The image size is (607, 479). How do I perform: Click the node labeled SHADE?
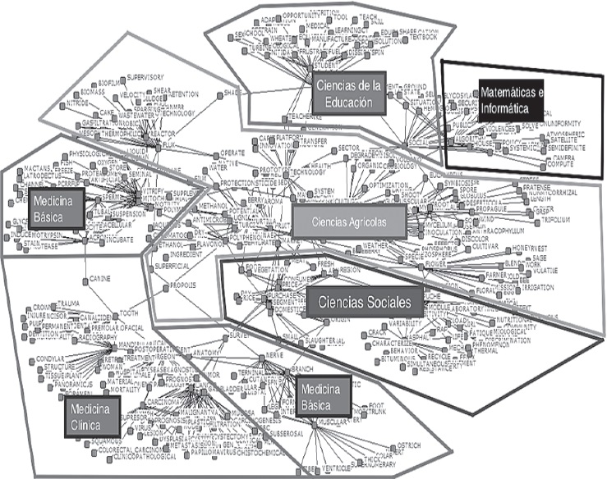coord(232,94)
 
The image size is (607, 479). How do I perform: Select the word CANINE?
coord(100,278)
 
